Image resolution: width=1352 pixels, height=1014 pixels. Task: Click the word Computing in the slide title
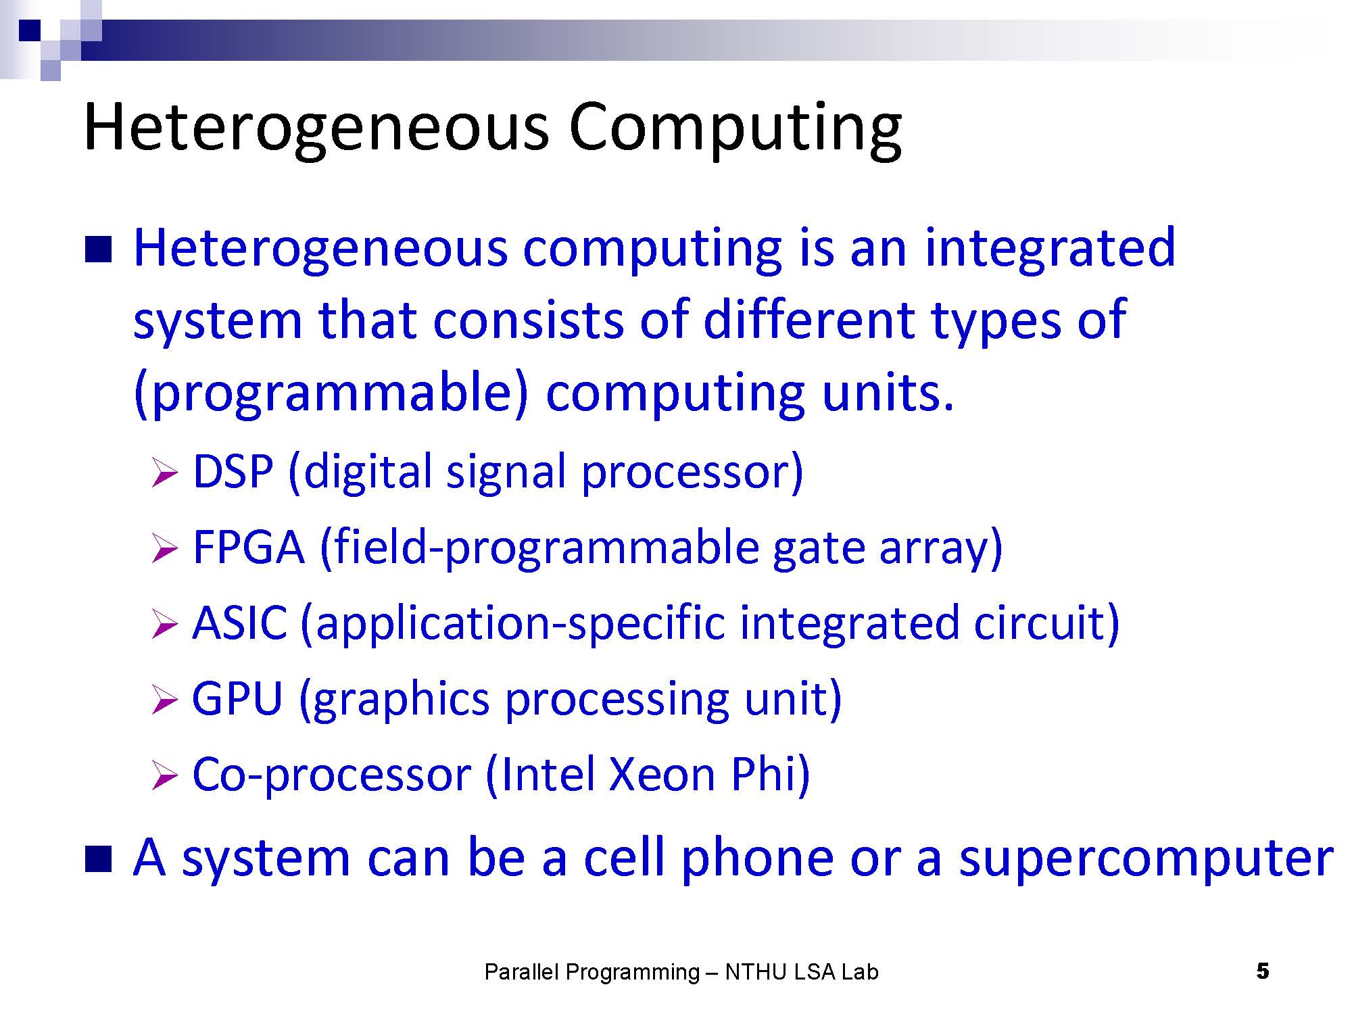pyautogui.click(x=735, y=128)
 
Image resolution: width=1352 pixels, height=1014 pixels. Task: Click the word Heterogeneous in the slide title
pyautogui.click(x=316, y=128)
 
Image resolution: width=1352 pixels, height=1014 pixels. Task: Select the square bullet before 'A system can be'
pyautogui.click(x=98, y=859)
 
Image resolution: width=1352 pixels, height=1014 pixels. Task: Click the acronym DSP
pyautogui.click(x=233, y=471)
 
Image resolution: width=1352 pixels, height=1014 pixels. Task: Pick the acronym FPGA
pyautogui.click(x=249, y=547)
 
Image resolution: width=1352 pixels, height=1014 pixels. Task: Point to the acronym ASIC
pyautogui.click(x=240, y=623)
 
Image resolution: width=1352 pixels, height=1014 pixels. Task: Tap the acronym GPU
pyautogui.click(x=237, y=698)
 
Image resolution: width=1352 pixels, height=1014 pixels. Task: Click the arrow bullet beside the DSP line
pyautogui.click(x=165, y=473)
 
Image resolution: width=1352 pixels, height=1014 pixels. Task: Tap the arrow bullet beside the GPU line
pyautogui.click(x=165, y=700)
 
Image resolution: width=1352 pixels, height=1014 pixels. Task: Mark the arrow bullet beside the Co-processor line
pyautogui.click(x=165, y=775)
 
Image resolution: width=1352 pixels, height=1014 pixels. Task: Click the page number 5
pyautogui.click(x=1263, y=972)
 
